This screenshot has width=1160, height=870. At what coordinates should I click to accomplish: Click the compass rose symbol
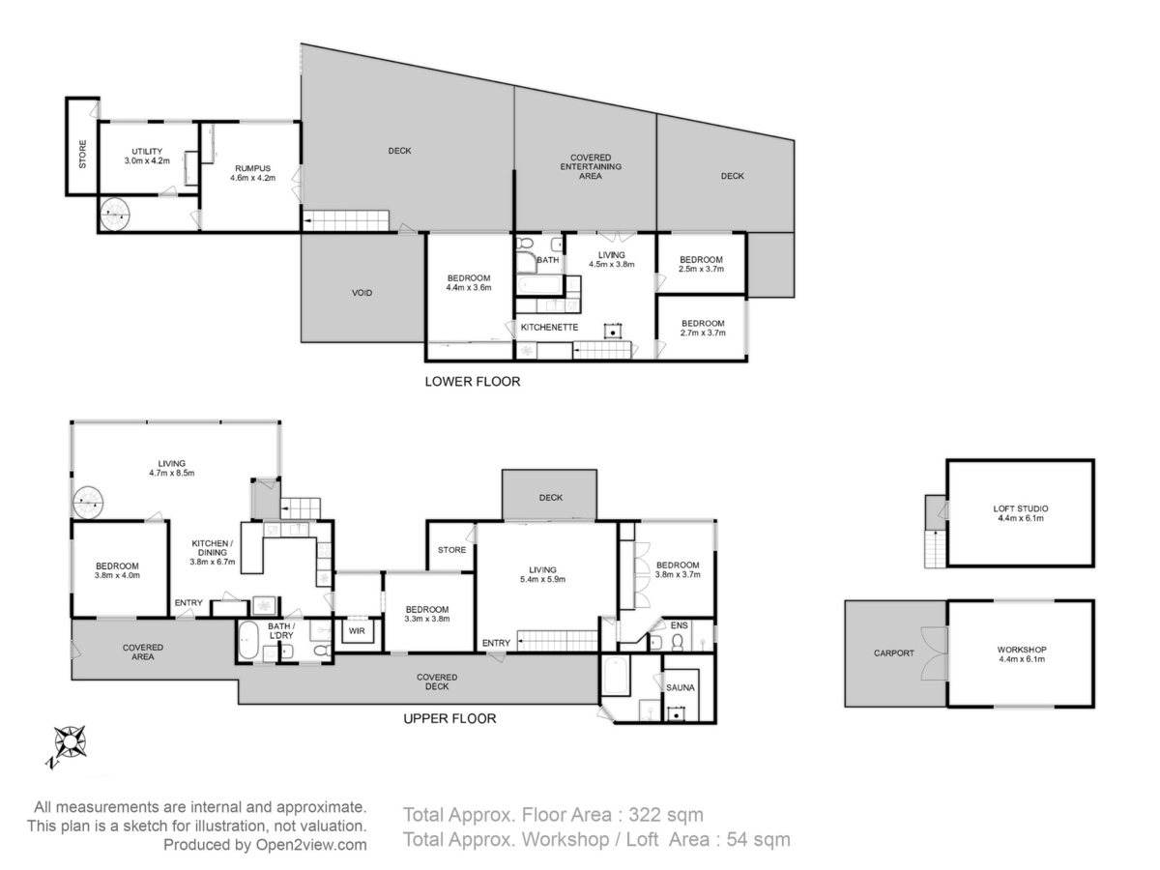(70, 742)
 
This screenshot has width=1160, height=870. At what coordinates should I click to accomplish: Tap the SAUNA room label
(680, 687)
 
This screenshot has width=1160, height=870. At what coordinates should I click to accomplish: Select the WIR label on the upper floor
(357, 630)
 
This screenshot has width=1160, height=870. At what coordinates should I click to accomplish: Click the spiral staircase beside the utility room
(115, 215)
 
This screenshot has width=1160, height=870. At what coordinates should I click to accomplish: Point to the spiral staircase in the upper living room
(88, 503)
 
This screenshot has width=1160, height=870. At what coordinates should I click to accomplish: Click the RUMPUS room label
(252, 168)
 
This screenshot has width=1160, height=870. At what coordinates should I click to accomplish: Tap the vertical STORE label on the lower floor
(82, 154)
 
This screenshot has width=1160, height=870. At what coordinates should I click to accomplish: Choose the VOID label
(362, 293)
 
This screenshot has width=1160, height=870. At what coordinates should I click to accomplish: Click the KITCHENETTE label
(549, 328)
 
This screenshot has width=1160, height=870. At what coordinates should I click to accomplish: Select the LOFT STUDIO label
(1021, 508)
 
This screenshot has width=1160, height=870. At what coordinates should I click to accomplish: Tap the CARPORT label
(893, 652)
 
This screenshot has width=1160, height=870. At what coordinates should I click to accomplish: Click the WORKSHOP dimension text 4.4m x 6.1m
(1021, 659)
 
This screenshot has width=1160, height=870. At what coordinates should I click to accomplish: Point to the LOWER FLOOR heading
(473, 382)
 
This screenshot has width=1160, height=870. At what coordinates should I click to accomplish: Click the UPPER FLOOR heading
(449, 718)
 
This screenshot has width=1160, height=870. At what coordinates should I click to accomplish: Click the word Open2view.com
(311, 845)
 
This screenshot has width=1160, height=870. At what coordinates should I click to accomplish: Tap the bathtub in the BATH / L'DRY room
(248, 640)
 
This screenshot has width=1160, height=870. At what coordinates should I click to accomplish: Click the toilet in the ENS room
(678, 642)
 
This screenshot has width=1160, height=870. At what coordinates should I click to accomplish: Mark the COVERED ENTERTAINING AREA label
(591, 167)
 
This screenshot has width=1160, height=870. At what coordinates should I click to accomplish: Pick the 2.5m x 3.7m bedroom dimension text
(701, 269)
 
